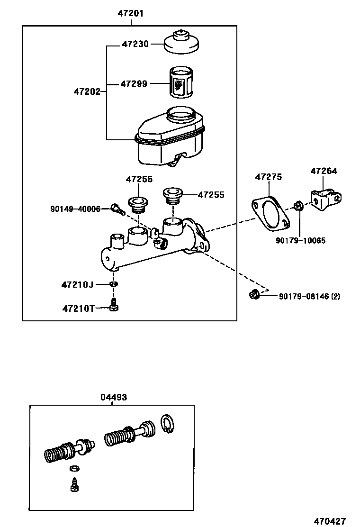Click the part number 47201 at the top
pyautogui.click(x=130, y=14)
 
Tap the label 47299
pyautogui.click(x=134, y=83)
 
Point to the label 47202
pyautogui.click(x=87, y=91)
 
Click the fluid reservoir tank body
pyautogui.click(x=171, y=137)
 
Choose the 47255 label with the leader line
pyautogui.click(x=211, y=195)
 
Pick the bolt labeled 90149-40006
pyautogui.click(x=117, y=209)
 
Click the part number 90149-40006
pyautogui.click(x=75, y=209)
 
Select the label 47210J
pyautogui.click(x=77, y=284)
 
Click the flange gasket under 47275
pyautogui.click(x=270, y=212)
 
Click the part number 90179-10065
pyautogui.click(x=300, y=240)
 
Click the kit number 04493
pyautogui.click(x=113, y=397)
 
